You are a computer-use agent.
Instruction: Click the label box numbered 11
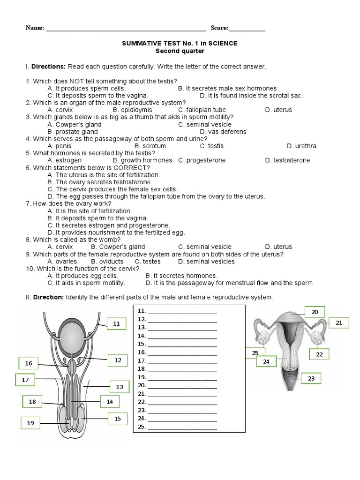(x=117, y=323)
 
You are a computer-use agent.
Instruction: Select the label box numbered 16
(x=29, y=363)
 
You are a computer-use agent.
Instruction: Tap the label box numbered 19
(x=30, y=423)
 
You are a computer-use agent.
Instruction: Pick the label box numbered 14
(x=110, y=401)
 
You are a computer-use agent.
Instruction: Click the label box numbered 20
(x=315, y=312)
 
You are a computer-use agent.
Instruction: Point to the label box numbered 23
(x=311, y=378)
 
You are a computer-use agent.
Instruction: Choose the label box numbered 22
(x=319, y=354)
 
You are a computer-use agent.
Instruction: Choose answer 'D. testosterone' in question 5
(x=287, y=160)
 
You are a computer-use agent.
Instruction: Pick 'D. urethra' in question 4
(x=301, y=146)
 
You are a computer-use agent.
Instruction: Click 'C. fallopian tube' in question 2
(x=199, y=110)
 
